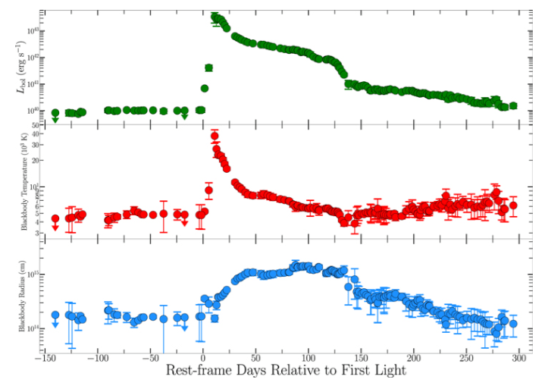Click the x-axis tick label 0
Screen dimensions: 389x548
pyautogui.click(x=203, y=362)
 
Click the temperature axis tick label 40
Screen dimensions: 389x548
pyautogui.click(x=35, y=135)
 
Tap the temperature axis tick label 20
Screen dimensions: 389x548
pyautogui.click(x=35, y=160)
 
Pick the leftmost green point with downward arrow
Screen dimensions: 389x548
pyautogui.click(x=55, y=113)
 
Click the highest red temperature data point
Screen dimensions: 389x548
pyautogui.click(x=215, y=136)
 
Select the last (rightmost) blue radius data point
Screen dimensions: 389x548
pyautogui.click(x=513, y=324)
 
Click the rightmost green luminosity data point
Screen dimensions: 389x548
pyautogui.click(x=513, y=105)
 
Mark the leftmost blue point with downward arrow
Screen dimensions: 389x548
pyautogui.click(x=55, y=315)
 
